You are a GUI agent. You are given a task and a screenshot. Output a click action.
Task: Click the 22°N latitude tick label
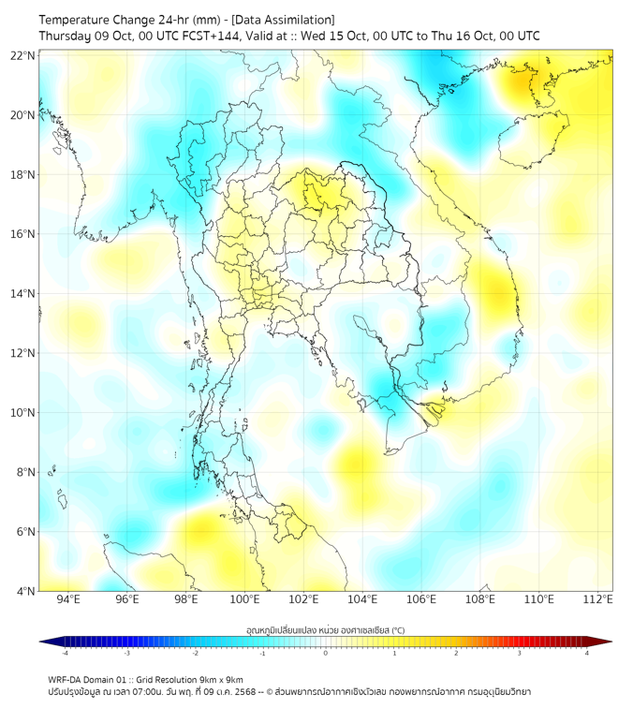coord(23,55)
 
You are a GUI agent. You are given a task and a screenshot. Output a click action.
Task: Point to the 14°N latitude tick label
coord(23,293)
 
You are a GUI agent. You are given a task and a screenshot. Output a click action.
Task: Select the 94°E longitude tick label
coord(68,600)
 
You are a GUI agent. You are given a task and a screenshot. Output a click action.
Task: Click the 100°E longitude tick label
coord(244,600)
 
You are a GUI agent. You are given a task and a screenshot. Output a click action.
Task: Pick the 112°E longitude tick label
coord(597,600)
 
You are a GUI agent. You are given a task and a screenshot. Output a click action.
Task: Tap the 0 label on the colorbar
coord(326,653)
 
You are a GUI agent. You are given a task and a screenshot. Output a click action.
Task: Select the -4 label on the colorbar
coord(64,653)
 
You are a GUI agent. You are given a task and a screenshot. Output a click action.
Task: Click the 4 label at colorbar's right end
coord(587,653)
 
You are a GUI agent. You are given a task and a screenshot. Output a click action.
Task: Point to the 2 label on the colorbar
coord(456,653)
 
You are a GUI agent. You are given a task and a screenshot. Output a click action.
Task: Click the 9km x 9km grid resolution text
coord(219,680)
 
